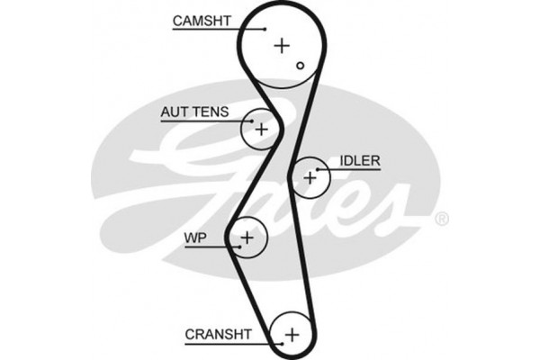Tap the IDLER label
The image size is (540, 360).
point(360,161)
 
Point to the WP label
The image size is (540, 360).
point(195,238)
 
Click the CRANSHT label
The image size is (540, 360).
point(218,335)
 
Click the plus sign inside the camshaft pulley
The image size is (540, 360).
point(283,44)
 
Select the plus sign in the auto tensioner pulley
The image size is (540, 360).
point(261,130)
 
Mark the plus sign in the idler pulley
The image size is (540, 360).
point(310,177)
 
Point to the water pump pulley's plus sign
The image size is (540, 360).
point(247,238)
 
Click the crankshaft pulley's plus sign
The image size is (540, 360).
point(291,335)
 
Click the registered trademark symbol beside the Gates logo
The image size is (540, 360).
point(441,219)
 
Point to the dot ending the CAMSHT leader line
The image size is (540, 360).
point(266,29)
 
